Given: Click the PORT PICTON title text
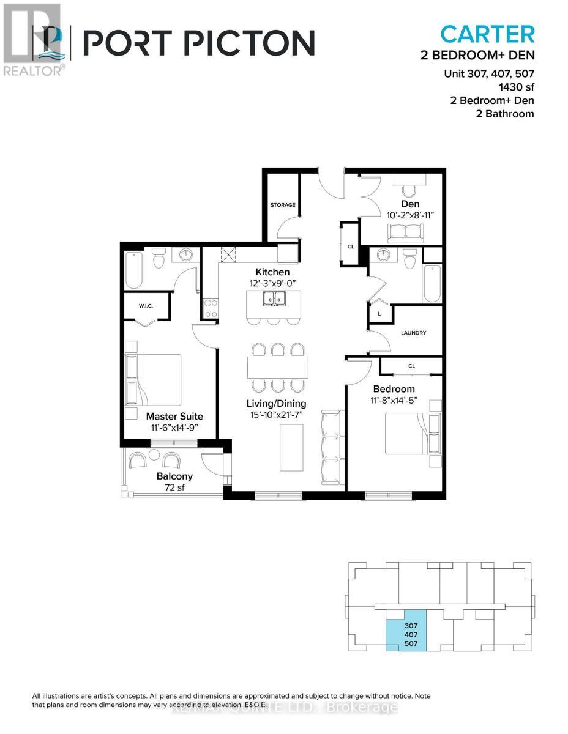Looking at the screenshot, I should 198,43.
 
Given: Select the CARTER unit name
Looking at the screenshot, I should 487,33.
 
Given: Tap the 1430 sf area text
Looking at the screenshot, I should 512,87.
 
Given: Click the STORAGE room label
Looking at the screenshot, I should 283,205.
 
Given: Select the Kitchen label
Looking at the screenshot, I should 273,272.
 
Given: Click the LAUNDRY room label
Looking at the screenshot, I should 413,333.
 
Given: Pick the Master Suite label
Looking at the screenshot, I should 174,417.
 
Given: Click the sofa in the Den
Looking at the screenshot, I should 405,231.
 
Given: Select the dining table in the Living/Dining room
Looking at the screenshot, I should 277,367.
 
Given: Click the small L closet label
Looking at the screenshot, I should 379,313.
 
